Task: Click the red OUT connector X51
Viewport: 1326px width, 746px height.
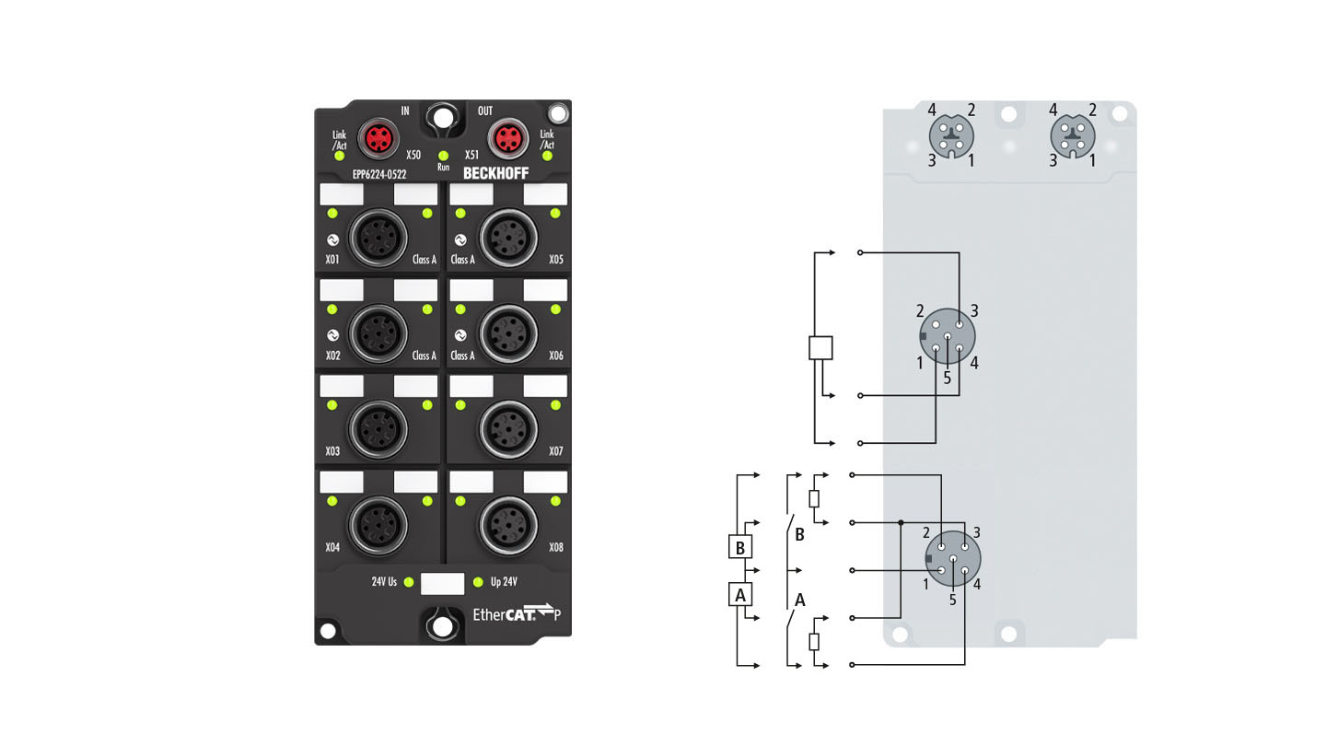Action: [505, 140]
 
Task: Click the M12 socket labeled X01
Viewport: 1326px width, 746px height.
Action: [378, 238]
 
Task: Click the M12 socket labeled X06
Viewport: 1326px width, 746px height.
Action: [506, 332]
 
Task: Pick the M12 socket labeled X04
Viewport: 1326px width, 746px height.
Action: [378, 524]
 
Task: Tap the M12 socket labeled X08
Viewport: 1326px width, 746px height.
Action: [506, 524]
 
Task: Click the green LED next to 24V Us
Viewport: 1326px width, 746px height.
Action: [408, 582]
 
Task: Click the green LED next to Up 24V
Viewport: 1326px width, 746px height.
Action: [477, 582]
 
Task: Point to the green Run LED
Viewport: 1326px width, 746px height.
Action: [443, 156]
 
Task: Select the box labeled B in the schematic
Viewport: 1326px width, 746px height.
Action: [739, 547]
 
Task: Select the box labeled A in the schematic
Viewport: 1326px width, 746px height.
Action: [739, 595]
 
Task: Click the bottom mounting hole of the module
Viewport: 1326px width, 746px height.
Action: [443, 626]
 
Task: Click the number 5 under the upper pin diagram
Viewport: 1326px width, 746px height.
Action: [947, 379]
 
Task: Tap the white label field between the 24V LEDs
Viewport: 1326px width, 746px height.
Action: [442, 583]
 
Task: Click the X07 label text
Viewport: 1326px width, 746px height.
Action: [555, 451]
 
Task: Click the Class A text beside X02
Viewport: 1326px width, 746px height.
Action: [424, 356]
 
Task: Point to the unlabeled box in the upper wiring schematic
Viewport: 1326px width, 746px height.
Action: [820, 347]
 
